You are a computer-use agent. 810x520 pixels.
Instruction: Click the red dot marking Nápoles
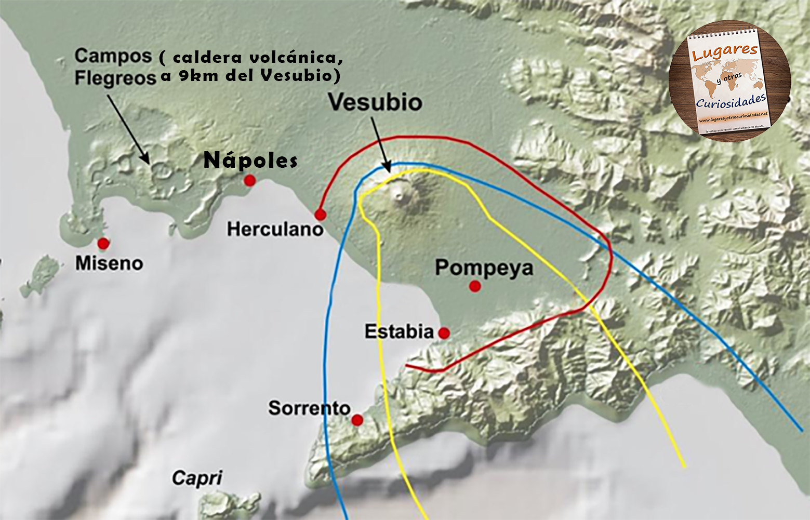(x=250, y=180)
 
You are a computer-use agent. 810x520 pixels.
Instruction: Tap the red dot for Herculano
(x=320, y=215)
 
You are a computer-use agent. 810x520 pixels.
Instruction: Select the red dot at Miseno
(x=103, y=243)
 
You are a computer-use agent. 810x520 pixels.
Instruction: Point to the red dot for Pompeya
(x=474, y=286)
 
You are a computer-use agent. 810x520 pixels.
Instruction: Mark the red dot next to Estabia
(x=444, y=333)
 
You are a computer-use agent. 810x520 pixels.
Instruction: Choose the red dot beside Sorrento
(x=357, y=420)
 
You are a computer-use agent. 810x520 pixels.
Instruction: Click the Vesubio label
(x=376, y=102)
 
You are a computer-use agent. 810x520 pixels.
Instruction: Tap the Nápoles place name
(x=250, y=160)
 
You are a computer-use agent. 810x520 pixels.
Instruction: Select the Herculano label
(x=275, y=229)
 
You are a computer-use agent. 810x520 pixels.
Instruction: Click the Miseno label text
(x=109, y=263)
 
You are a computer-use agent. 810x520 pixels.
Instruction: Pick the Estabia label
(x=399, y=331)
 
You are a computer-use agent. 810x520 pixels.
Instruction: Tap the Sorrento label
(x=309, y=408)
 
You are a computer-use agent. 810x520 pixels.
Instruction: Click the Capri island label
(x=197, y=477)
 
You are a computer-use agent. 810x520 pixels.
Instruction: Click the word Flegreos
(x=115, y=78)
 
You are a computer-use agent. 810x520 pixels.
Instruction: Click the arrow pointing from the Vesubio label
(x=380, y=143)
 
